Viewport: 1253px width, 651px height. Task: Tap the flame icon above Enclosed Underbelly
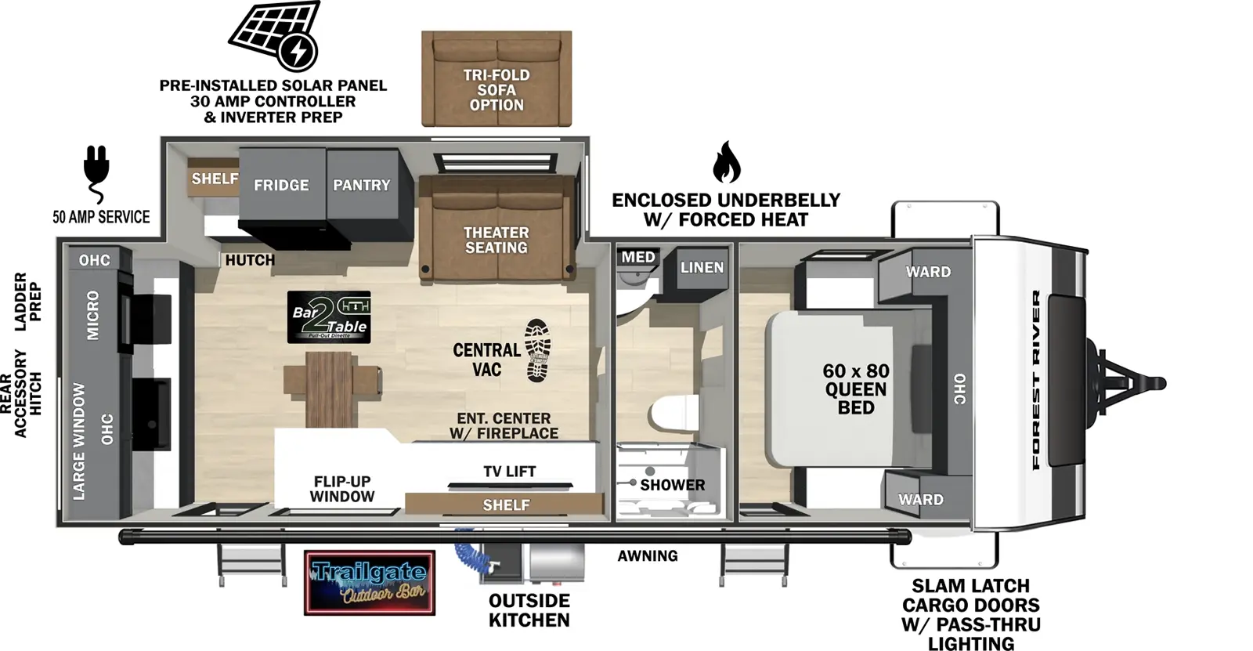(x=726, y=162)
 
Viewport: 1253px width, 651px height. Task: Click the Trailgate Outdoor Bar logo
(x=369, y=582)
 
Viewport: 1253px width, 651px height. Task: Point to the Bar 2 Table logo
(x=329, y=316)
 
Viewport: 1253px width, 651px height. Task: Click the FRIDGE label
(x=281, y=186)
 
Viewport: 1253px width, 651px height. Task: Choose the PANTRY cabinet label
(x=361, y=186)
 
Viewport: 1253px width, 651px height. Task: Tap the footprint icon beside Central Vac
(x=538, y=349)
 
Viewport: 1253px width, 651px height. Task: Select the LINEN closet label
(x=702, y=268)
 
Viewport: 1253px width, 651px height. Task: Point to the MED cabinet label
(x=638, y=258)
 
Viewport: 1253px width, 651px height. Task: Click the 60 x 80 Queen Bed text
(x=855, y=389)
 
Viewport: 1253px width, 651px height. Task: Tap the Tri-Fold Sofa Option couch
(x=497, y=78)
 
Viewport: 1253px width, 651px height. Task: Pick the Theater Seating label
(x=497, y=240)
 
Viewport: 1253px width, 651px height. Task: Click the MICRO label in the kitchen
(x=93, y=315)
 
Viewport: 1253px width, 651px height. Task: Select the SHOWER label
(x=672, y=485)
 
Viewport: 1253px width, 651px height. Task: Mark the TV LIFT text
(x=509, y=472)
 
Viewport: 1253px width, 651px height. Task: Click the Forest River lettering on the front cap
(x=1037, y=380)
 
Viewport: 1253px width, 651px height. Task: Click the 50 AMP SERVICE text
(x=101, y=217)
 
